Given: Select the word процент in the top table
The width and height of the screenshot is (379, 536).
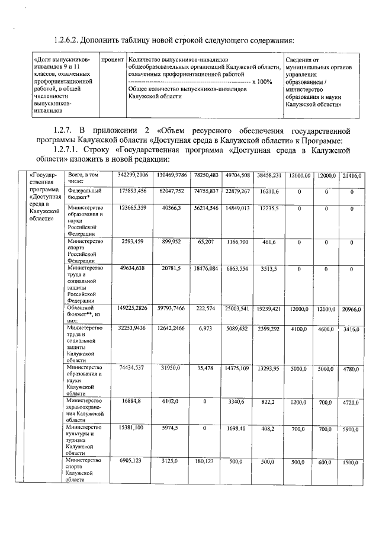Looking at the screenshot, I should click(x=112, y=60).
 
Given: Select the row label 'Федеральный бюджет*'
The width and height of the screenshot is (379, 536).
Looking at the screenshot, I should click(x=84, y=194).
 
